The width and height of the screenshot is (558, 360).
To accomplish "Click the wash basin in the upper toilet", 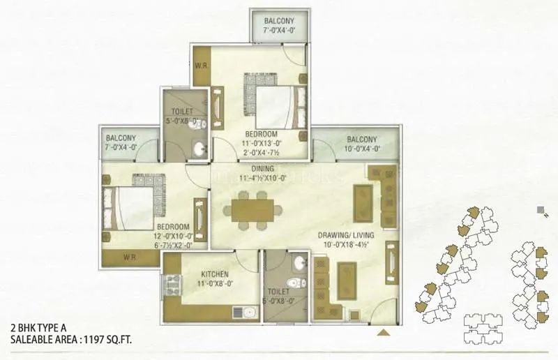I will pos(200,149).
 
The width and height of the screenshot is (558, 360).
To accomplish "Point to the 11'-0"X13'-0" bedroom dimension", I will pos(262,143).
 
